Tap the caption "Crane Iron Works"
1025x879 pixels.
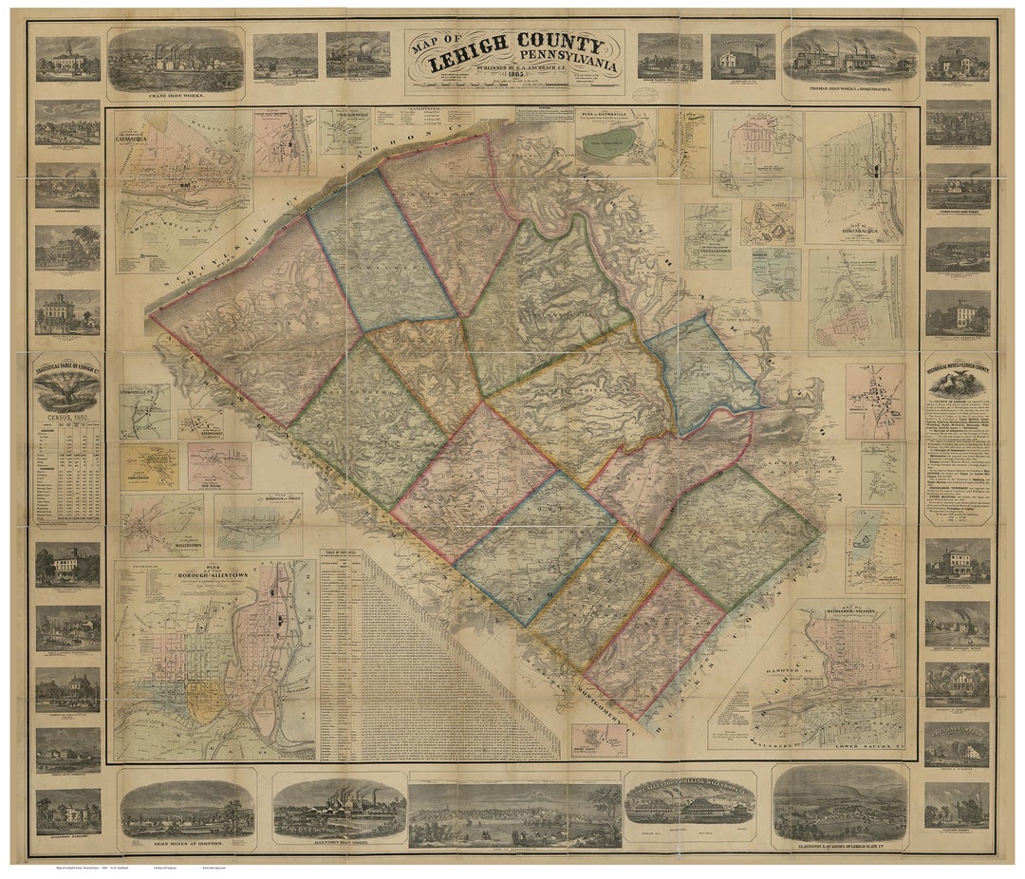(x=175, y=96)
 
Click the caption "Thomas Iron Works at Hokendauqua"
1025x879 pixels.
(x=849, y=95)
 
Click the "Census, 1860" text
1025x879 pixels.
(x=66, y=415)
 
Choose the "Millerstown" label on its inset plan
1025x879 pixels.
(x=175, y=548)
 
